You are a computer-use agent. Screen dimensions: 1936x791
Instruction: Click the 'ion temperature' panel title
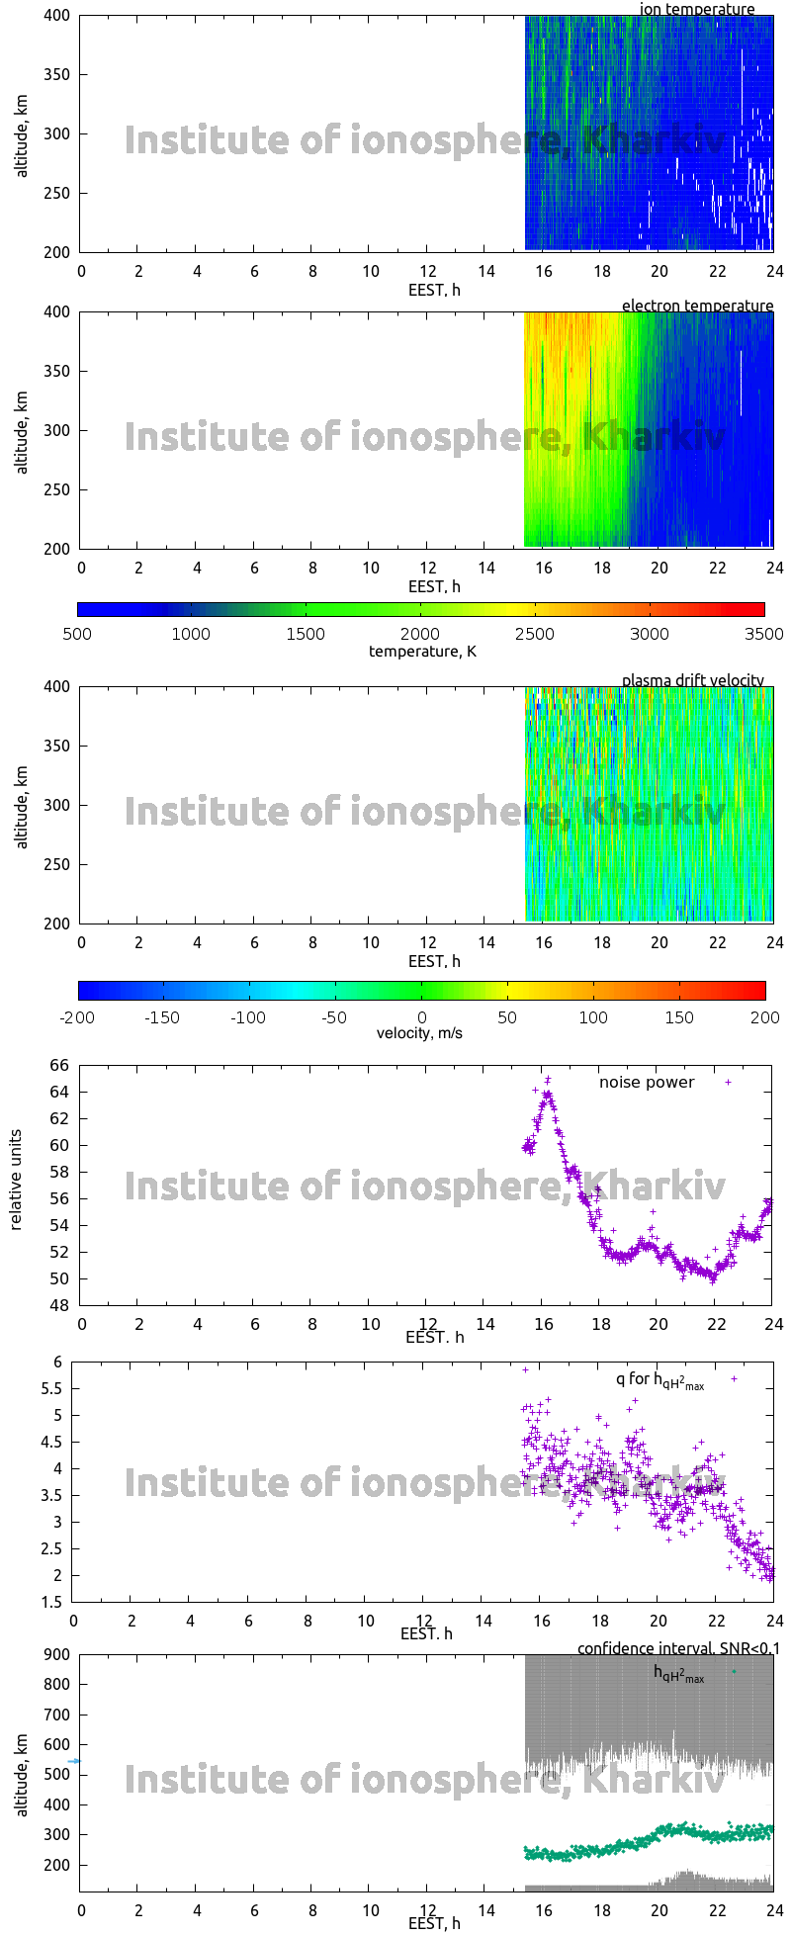(x=697, y=10)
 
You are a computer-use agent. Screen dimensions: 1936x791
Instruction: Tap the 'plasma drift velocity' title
(x=692, y=680)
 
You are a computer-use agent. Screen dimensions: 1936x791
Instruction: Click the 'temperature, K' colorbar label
(x=422, y=652)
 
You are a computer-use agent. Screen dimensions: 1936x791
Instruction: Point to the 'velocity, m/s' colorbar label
(x=419, y=1033)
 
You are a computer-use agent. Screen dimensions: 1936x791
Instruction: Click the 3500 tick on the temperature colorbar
(x=763, y=634)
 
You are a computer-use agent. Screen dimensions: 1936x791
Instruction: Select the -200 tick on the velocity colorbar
(x=79, y=1016)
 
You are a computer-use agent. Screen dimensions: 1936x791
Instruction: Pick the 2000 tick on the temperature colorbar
(x=420, y=634)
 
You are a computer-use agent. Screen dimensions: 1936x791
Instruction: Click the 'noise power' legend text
(x=647, y=1083)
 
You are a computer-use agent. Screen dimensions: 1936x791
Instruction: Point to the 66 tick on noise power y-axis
(x=59, y=1066)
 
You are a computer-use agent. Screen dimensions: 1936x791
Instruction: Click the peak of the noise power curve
(x=548, y=1080)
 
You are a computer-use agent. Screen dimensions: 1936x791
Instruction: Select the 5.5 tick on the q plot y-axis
(x=51, y=1389)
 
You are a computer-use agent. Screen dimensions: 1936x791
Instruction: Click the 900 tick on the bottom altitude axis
(x=57, y=1655)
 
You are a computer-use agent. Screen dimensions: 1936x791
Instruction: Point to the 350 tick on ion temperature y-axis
(x=57, y=75)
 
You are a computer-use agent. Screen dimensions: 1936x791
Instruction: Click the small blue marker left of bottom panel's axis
(x=73, y=1761)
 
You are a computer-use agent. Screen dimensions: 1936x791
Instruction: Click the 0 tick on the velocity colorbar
(x=422, y=1016)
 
